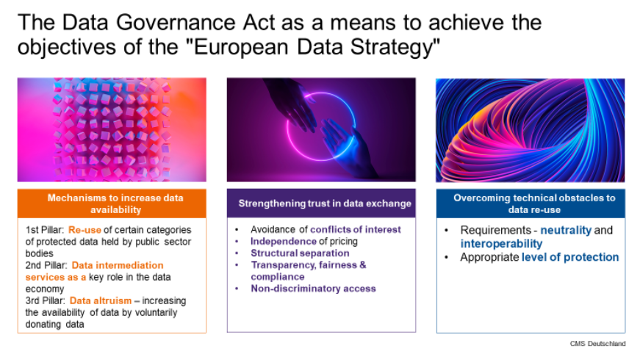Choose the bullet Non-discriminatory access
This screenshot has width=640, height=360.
(313, 289)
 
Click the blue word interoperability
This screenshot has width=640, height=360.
(501, 243)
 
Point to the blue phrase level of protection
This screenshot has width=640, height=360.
(570, 257)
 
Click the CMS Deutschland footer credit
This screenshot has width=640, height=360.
(597, 344)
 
